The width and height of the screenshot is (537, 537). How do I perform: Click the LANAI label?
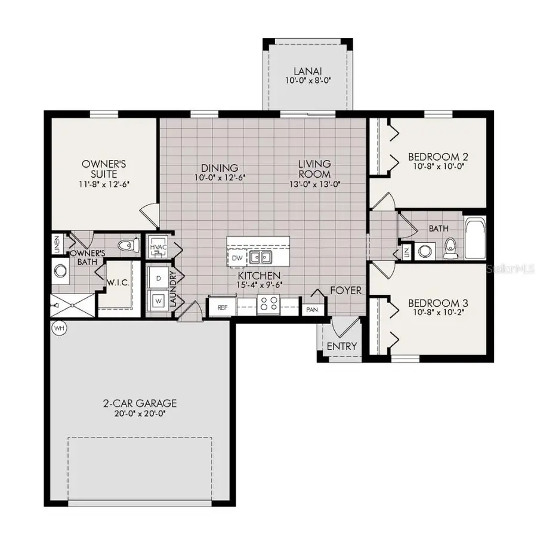point(308,69)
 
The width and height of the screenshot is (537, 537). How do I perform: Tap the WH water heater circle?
point(58,328)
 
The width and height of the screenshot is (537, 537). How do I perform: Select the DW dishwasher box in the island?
point(236,258)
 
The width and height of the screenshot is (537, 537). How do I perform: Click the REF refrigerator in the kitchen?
point(223,308)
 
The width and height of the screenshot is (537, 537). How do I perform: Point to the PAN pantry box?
point(311,310)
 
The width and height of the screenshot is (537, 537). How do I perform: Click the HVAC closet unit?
point(158,247)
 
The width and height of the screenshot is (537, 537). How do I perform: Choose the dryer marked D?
point(159,279)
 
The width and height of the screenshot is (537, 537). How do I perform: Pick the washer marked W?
point(159,300)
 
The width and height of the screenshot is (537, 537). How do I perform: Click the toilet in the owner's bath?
point(126,245)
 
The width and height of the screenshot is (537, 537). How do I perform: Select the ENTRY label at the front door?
point(342,346)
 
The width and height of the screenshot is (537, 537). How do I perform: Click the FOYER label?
point(346,291)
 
